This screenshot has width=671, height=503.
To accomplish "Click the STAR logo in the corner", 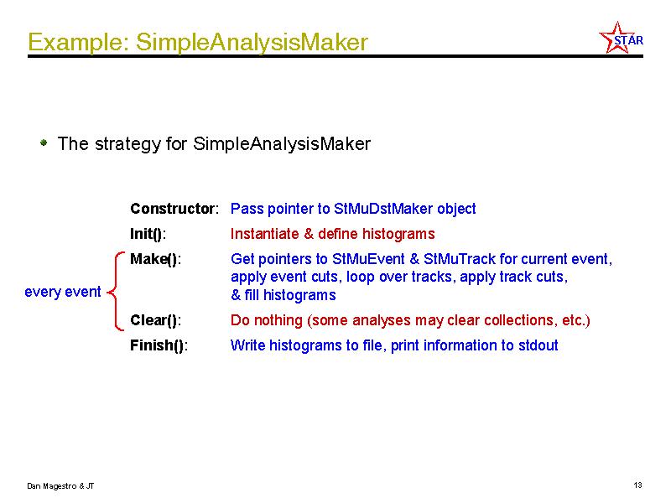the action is point(621,38).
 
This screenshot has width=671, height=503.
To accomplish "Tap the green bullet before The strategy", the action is point(44,143).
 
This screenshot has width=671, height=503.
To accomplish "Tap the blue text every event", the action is point(62,292).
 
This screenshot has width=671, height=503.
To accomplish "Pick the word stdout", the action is point(538,345).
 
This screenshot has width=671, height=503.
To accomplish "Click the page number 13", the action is point(637,485).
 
